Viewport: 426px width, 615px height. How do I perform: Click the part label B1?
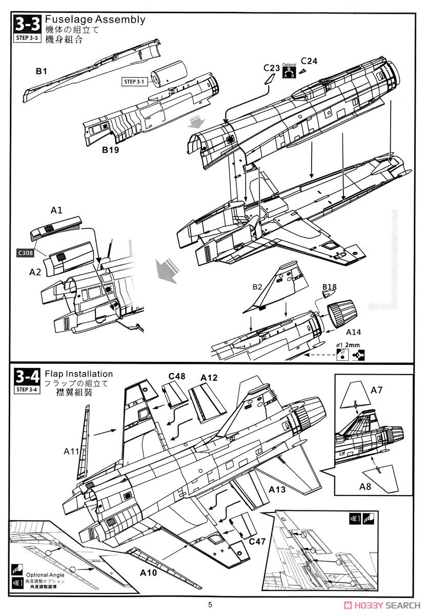click(41, 72)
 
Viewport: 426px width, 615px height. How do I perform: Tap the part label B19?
click(110, 150)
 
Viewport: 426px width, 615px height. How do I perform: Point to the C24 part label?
click(309, 60)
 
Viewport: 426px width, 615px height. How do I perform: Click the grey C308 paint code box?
click(23, 253)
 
